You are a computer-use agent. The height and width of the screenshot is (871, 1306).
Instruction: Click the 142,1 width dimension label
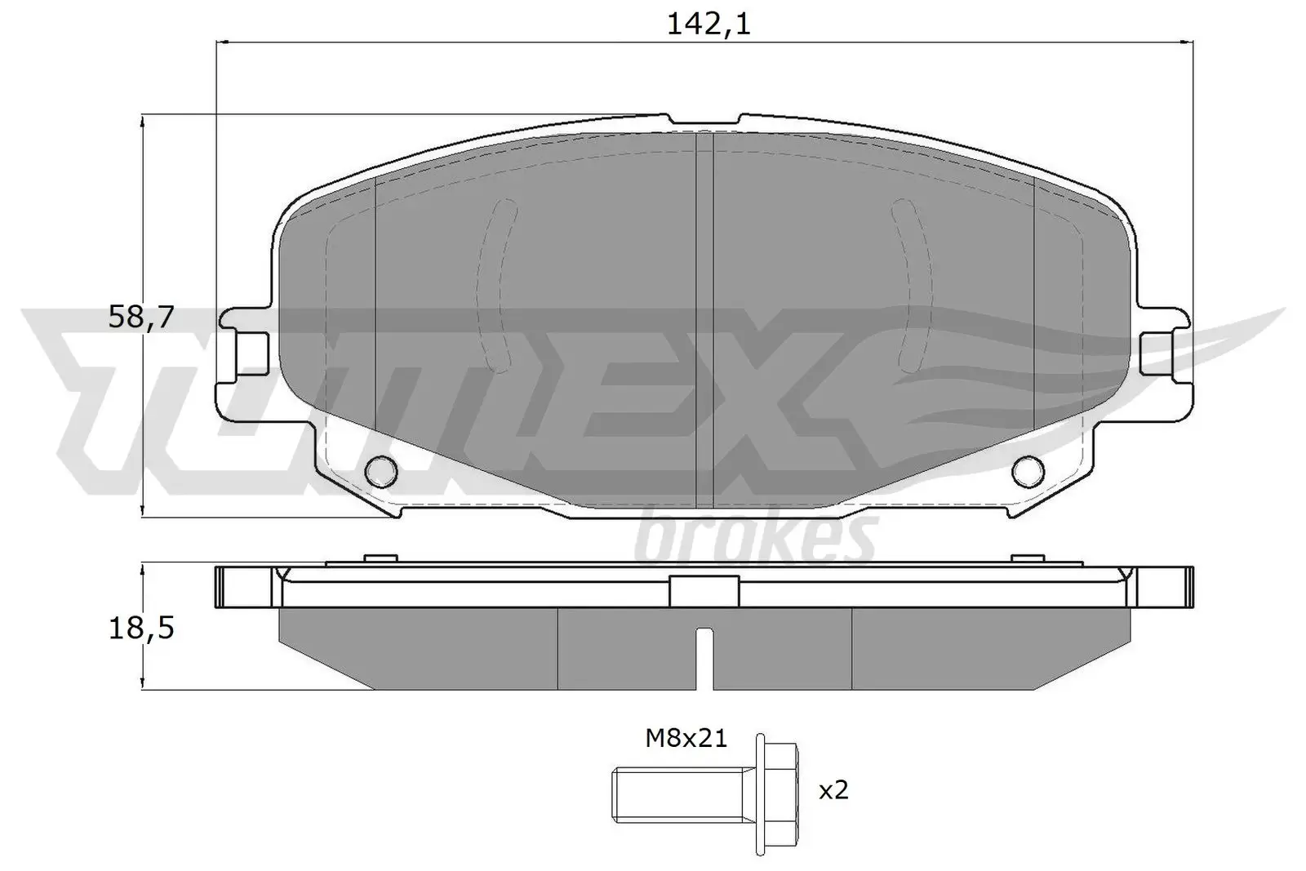coord(708,24)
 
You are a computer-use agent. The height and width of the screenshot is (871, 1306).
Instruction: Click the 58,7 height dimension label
coord(141,317)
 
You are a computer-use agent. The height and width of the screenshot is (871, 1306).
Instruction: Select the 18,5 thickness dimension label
coord(141,629)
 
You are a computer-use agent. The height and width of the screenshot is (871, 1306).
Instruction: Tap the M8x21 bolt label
coord(686,739)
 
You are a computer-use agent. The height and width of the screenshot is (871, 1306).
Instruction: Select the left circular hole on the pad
coord(381,469)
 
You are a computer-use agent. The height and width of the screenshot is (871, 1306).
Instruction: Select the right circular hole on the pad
coord(1028,469)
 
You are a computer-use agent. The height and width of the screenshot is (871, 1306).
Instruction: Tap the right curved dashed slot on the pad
coord(913,286)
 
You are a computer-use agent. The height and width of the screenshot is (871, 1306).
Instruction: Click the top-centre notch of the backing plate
coord(704,121)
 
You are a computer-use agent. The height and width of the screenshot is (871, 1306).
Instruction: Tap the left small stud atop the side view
coord(377,558)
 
